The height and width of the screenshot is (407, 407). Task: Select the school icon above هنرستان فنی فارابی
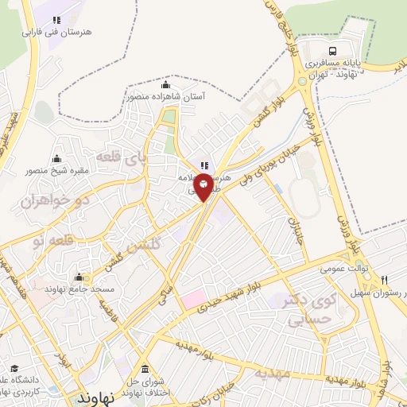tap(56, 19)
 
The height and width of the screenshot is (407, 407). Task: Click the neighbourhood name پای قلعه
tap(120, 157)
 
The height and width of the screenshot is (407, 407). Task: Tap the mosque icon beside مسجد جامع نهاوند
tap(79, 277)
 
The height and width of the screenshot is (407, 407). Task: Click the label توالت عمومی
tap(347, 269)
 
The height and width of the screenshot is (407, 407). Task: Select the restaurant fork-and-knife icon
tap(385, 281)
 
